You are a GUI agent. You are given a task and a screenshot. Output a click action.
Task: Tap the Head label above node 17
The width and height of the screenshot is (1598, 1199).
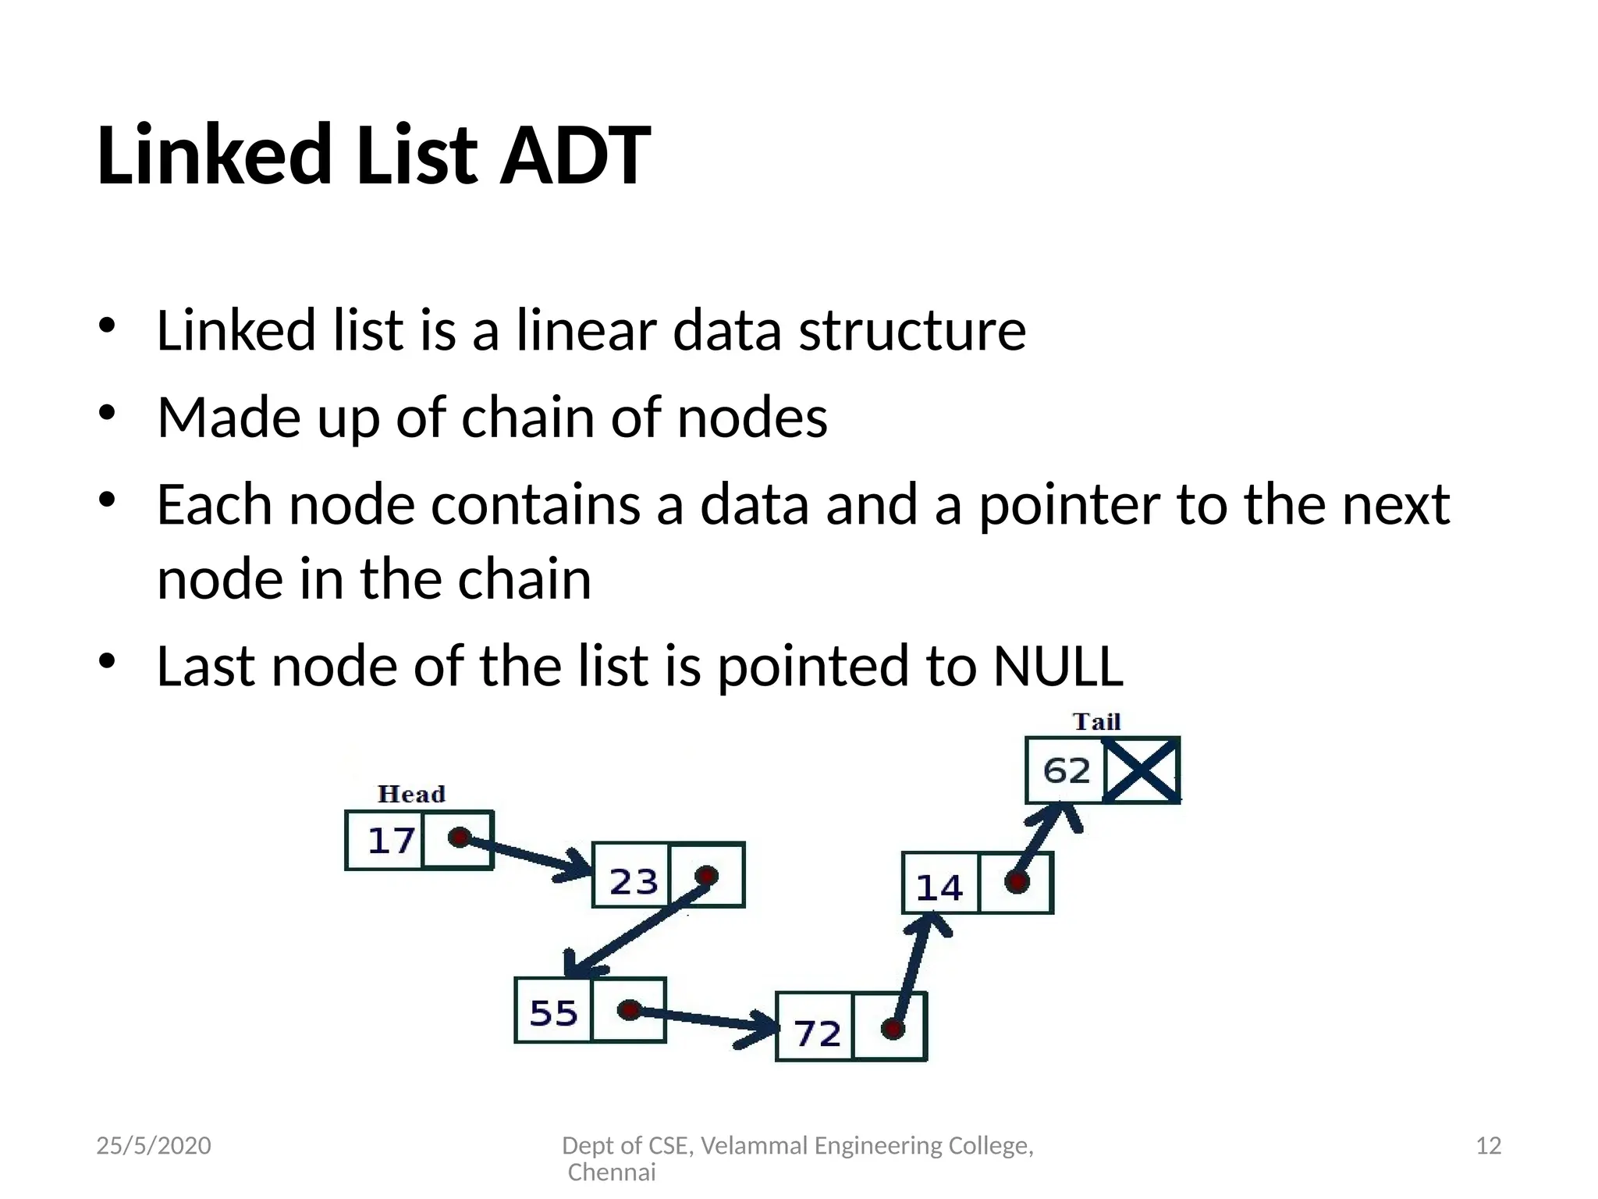click(411, 794)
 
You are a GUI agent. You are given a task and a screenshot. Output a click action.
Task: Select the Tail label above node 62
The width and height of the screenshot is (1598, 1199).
click(1096, 721)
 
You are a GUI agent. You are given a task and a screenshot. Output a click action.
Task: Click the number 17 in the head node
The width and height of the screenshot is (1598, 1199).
click(390, 841)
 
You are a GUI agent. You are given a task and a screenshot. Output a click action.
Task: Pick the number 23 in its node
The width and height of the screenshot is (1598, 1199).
click(633, 882)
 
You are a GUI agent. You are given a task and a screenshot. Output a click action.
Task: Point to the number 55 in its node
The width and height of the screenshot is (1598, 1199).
click(553, 1013)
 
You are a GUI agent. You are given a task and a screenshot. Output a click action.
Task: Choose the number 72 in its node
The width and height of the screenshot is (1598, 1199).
click(817, 1034)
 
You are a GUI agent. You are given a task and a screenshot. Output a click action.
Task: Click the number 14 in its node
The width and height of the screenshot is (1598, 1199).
click(939, 888)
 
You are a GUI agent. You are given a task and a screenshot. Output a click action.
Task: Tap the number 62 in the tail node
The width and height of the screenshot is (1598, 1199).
click(1066, 771)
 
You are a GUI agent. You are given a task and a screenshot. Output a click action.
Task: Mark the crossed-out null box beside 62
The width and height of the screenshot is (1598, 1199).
click(1141, 770)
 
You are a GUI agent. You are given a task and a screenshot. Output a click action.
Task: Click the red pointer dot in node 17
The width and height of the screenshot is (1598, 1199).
click(459, 838)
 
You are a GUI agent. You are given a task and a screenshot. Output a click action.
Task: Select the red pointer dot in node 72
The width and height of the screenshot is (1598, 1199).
click(893, 1029)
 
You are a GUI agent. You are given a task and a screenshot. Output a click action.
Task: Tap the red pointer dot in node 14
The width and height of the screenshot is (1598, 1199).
click(1016, 882)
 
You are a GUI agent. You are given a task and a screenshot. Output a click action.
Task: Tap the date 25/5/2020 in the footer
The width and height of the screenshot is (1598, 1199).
click(154, 1145)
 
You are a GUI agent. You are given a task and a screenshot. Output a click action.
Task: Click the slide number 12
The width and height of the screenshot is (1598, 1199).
click(1488, 1145)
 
